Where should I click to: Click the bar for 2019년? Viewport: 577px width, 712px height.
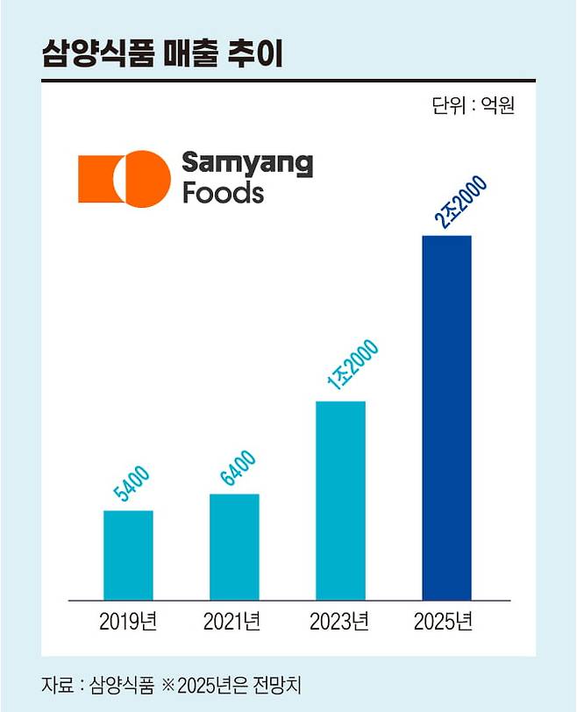tap(128, 554)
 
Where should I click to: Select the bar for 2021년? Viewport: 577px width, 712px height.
tap(234, 546)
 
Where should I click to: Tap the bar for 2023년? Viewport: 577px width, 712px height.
tap(340, 500)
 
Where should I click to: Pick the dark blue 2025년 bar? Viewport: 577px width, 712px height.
tap(446, 417)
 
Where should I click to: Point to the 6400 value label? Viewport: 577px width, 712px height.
tap(237, 471)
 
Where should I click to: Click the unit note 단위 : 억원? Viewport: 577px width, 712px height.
tap(473, 106)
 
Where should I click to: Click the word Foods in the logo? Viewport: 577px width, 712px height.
tap(223, 192)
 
